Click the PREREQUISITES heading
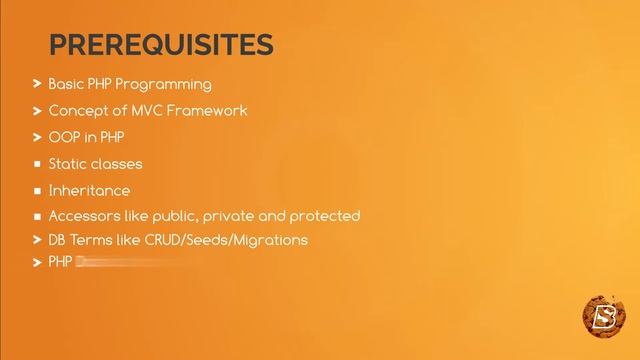pos(160,45)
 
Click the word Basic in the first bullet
pos(66,84)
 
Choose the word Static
pos(67,163)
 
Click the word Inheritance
pos(89,190)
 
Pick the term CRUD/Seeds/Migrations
pos(221,240)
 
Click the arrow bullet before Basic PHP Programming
pos(37,84)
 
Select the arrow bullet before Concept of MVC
pos(37,110)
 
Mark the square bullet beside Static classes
pos(37,164)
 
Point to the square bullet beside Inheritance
pos(37,190)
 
